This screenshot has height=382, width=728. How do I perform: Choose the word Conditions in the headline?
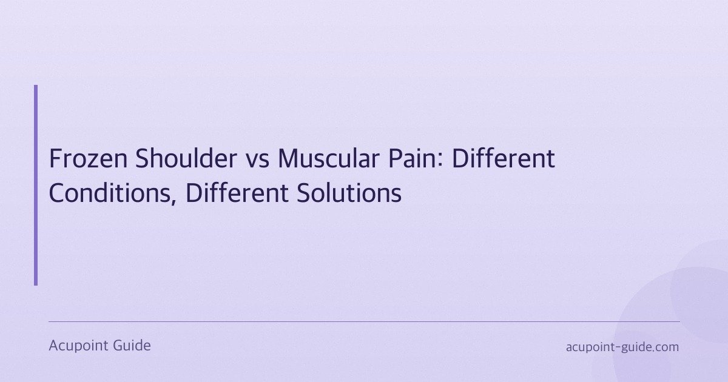tap(112, 193)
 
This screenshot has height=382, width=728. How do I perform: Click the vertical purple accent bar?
tap(36, 185)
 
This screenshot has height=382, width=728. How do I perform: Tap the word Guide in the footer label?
tap(132, 346)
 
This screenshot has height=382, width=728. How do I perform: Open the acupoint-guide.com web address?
tap(622, 347)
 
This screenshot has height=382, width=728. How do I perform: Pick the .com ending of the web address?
tap(665, 347)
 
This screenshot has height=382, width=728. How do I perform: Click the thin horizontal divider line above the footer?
tap(364, 321)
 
